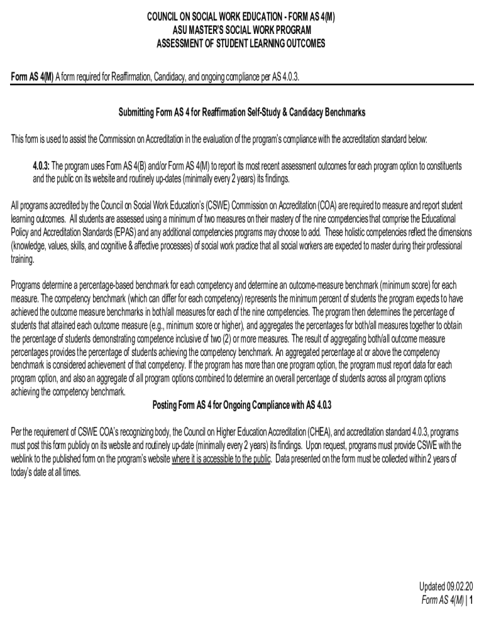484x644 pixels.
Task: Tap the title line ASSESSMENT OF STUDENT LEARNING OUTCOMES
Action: (x=241, y=43)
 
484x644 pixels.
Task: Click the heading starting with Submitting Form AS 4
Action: (x=242, y=113)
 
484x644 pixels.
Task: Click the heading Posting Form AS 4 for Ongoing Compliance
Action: (x=242, y=404)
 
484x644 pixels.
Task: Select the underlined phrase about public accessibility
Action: (x=221, y=458)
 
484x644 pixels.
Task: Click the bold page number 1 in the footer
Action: (x=470, y=600)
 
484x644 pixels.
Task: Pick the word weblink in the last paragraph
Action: (x=25, y=458)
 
